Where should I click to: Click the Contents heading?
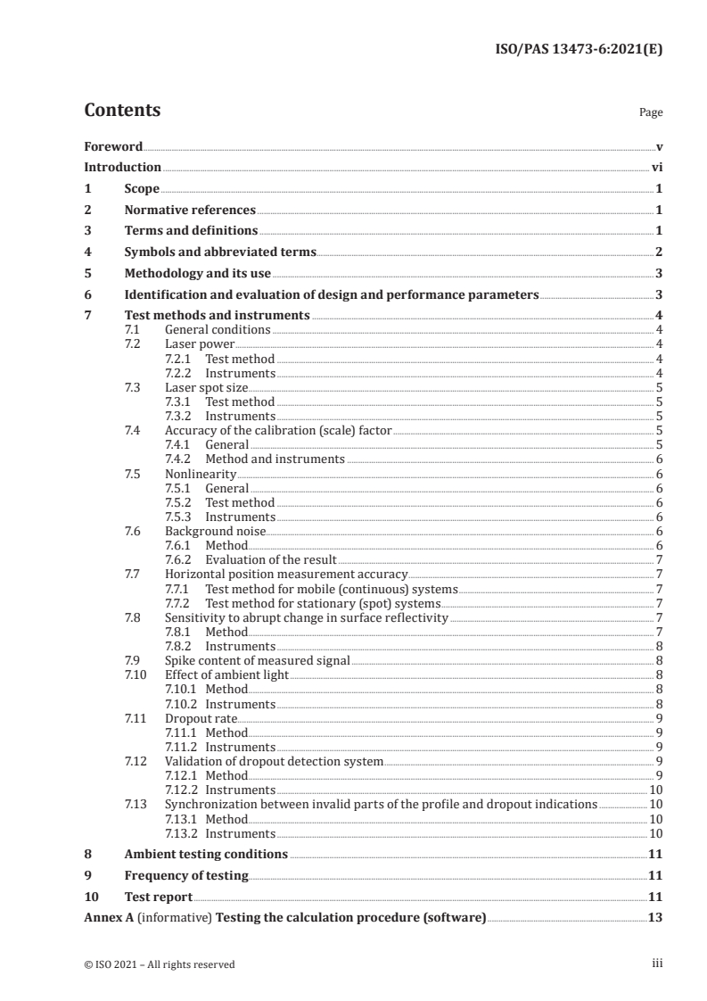pos(122,111)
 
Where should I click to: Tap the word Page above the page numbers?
pos(651,113)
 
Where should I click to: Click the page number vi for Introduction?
pos(656,168)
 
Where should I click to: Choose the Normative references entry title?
pos(190,211)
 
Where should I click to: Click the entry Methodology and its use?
pos(198,274)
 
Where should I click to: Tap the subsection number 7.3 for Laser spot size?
pos(133,387)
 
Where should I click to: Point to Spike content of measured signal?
pos(257,660)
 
